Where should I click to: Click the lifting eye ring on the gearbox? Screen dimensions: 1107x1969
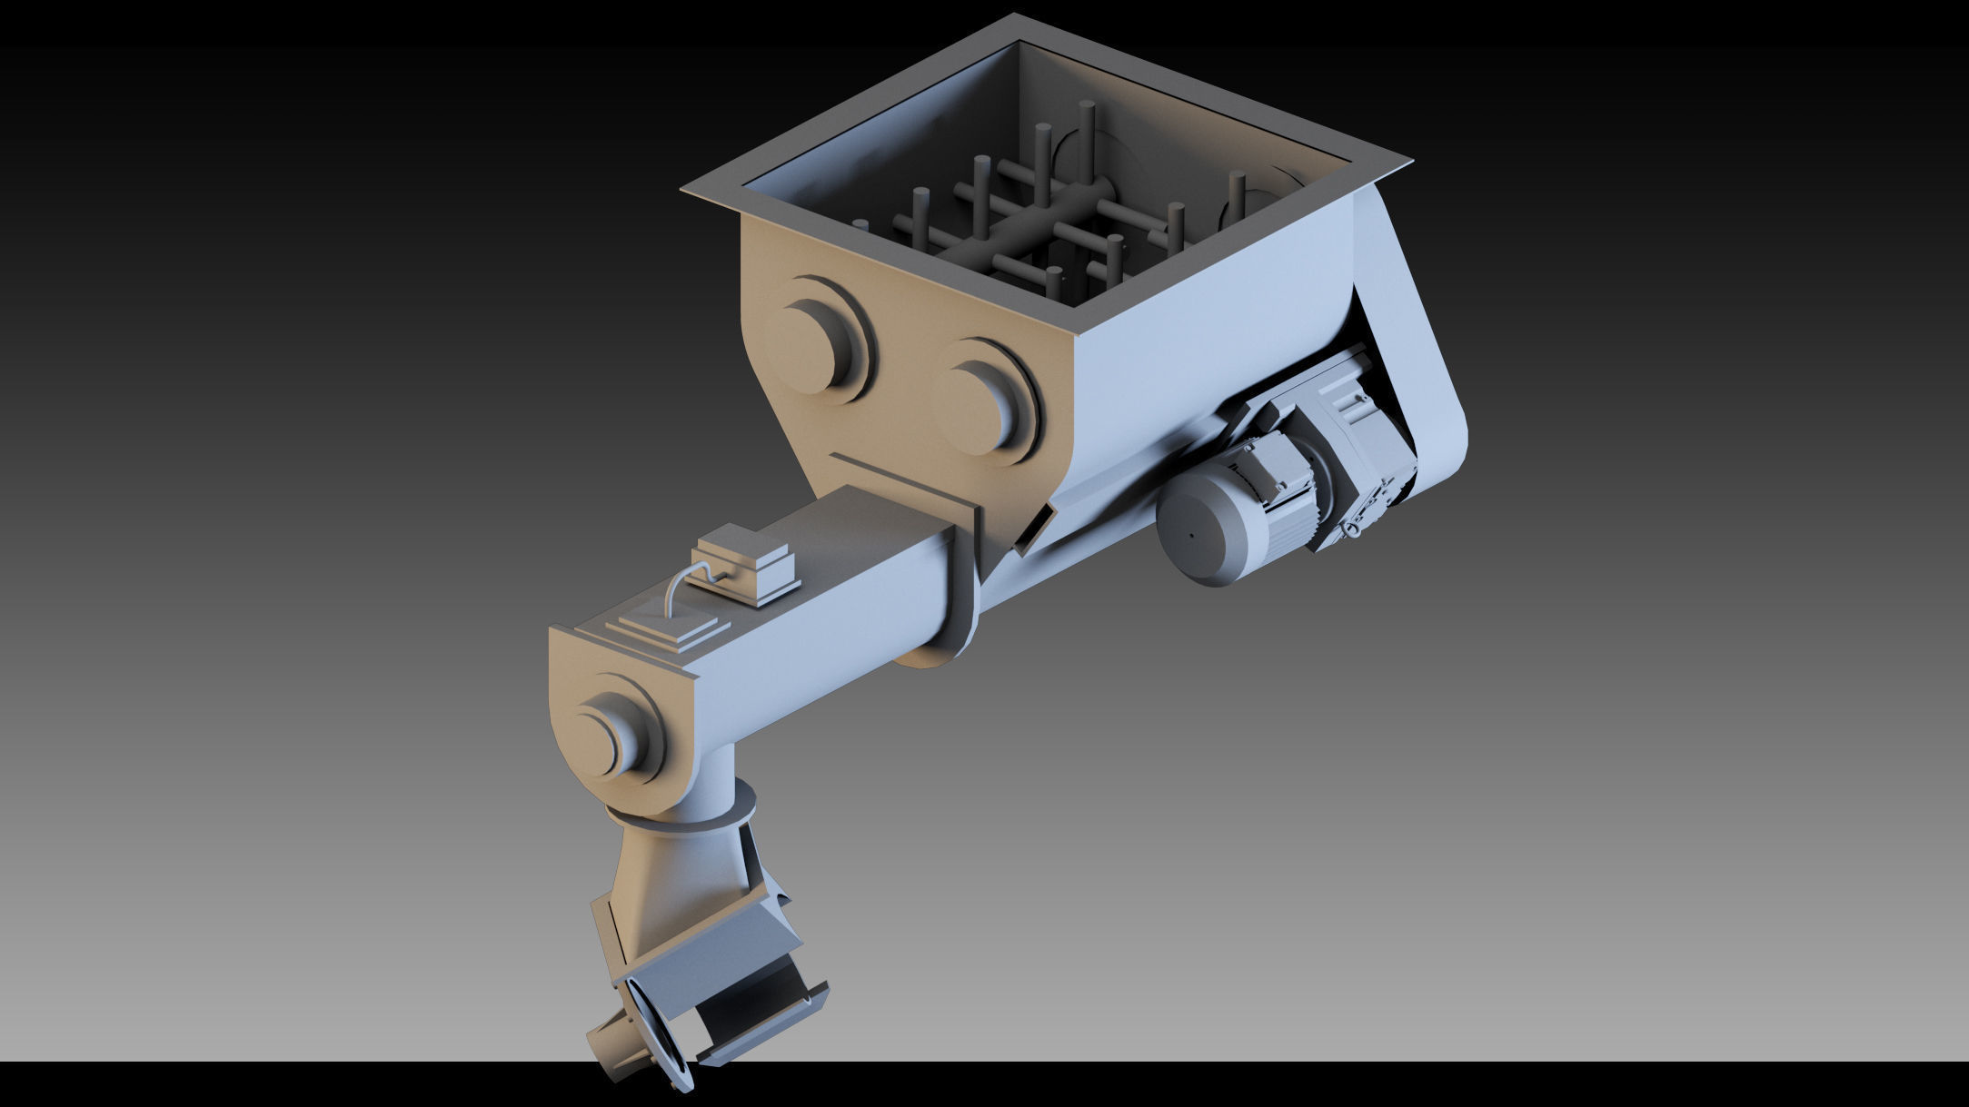coord(1355,527)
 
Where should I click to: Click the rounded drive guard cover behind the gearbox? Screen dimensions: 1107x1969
coord(1417,363)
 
